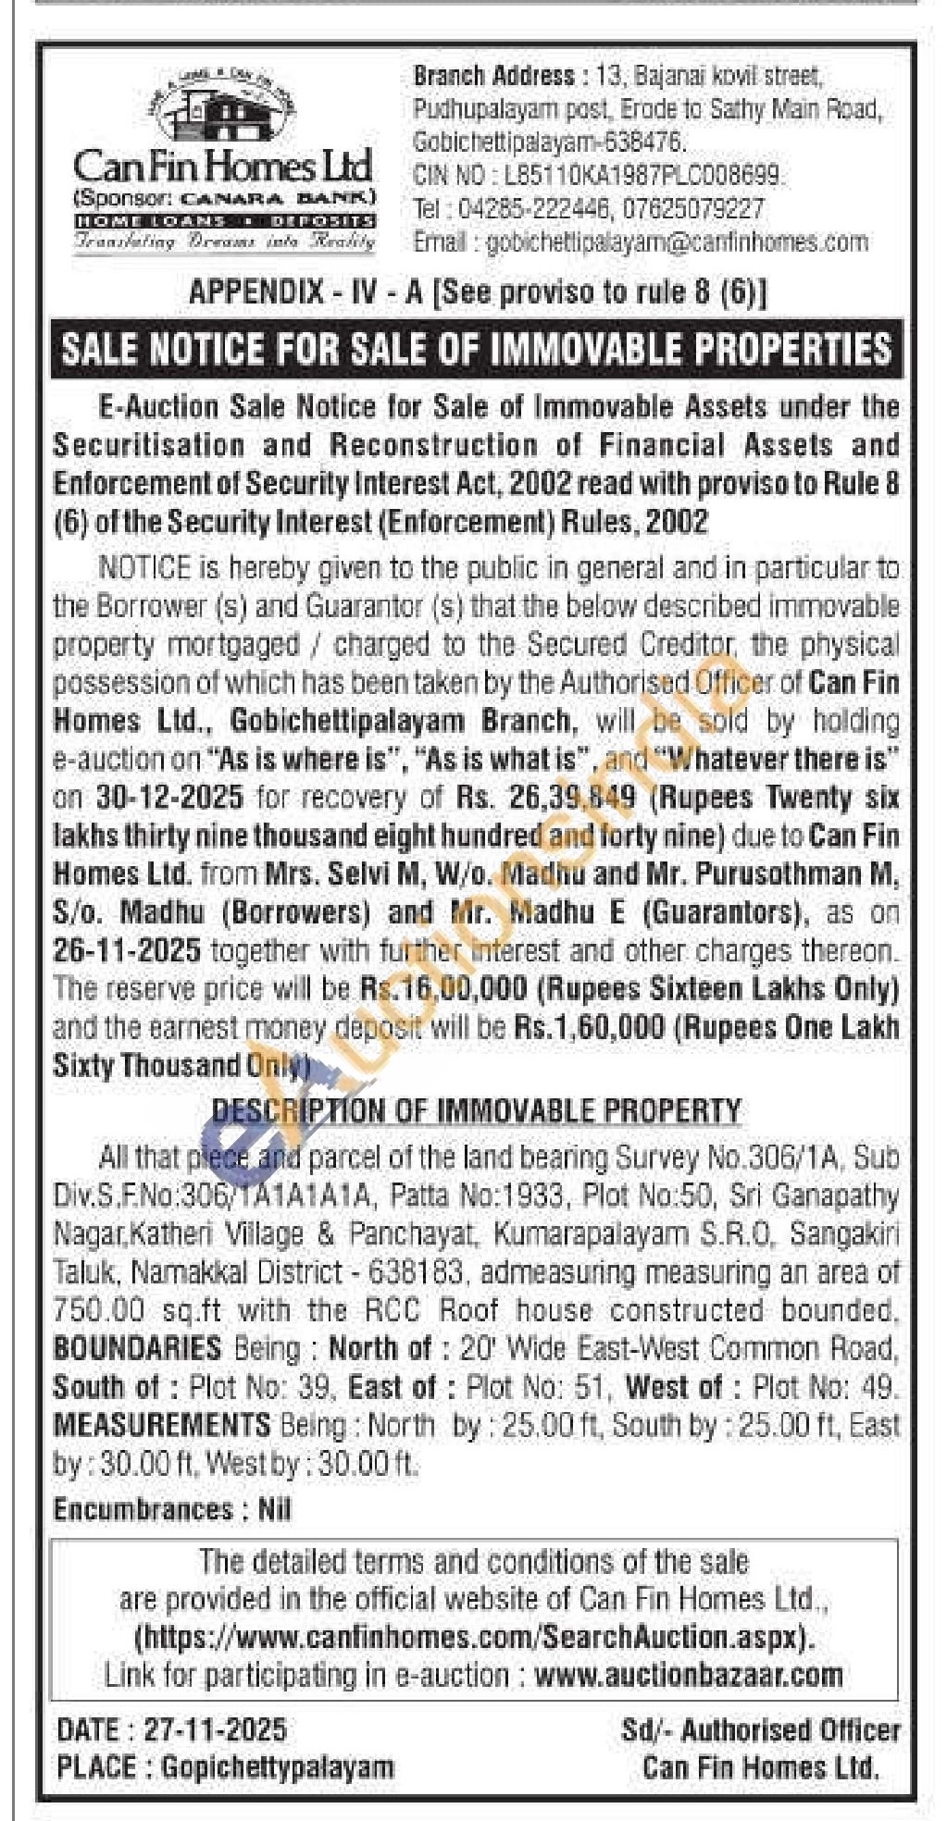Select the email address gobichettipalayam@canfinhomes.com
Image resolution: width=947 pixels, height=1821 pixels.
click(x=677, y=242)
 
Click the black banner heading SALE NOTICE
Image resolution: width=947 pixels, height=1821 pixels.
click(x=476, y=349)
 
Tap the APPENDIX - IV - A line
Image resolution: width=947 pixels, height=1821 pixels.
click(x=478, y=292)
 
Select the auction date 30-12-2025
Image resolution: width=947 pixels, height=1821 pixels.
click(x=169, y=797)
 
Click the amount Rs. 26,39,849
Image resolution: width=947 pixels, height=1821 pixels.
click(x=546, y=797)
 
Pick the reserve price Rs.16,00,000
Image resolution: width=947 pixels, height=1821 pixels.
click(x=443, y=988)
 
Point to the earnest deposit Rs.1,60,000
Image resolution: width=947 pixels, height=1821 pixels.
click(x=589, y=1027)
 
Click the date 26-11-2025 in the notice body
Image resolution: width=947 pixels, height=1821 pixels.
click(x=127, y=950)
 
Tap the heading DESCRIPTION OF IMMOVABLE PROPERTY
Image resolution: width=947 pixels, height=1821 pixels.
click(x=477, y=1109)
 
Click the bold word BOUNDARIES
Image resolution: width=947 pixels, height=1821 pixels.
click(x=137, y=1347)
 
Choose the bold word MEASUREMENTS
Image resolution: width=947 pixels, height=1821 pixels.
click(x=161, y=1424)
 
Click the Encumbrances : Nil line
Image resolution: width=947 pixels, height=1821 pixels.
click(x=172, y=1510)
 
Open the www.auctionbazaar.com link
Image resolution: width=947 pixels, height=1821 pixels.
click(x=689, y=1675)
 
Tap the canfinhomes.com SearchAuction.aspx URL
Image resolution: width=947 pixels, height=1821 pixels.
click(x=475, y=1637)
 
